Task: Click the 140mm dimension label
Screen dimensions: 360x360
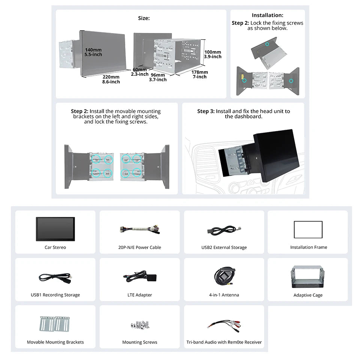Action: [x=93, y=50]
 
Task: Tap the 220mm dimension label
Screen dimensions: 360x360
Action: [x=111, y=77]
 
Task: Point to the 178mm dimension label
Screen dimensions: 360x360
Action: [x=200, y=72]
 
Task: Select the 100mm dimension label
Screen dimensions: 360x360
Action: [x=213, y=52]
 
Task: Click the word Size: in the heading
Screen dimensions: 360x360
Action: [x=144, y=18]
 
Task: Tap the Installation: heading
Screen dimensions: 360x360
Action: [x=267, y=15]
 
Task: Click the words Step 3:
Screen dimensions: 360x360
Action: [x=206, y=111]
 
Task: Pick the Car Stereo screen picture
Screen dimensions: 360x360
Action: [x=55, y=229]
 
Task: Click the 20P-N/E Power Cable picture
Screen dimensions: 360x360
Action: [x=139, y=229]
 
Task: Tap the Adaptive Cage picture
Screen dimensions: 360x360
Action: [x=307, y=277]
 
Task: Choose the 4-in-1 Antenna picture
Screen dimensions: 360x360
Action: [x=224, y=276]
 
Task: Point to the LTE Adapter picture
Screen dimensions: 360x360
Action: [x=140, y=277]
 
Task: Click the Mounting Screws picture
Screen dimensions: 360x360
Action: [x=140, y=325]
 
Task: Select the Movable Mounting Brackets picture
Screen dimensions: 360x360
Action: [x=55, y=324]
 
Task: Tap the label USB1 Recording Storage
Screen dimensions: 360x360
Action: [x=55, y=295]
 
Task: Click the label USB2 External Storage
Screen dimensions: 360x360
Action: [x=224, y=247]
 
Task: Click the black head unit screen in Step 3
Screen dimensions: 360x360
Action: [x=277, y=155]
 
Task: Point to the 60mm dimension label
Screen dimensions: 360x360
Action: [x=139, y=70]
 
